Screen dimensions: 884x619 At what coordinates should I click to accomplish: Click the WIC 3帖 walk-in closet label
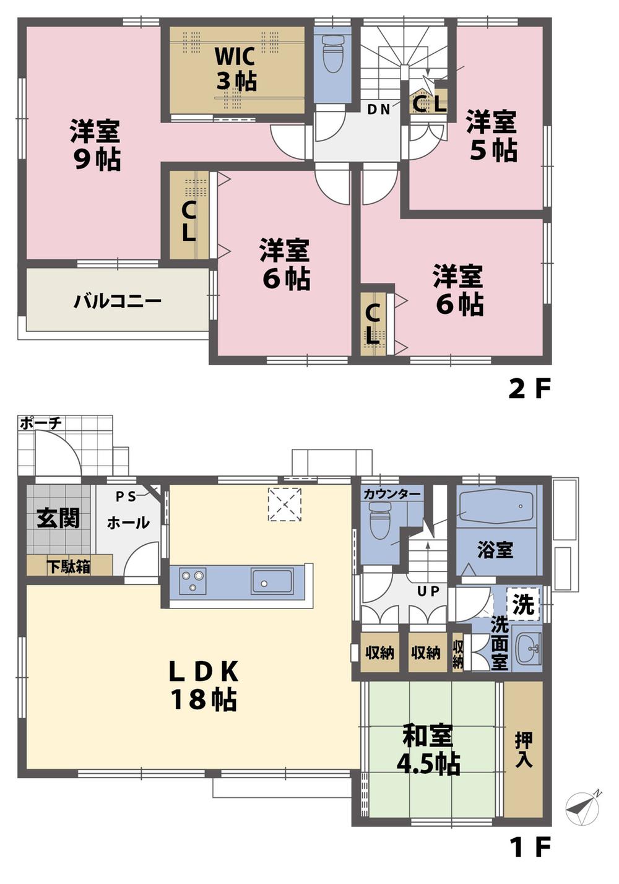pos(235,68)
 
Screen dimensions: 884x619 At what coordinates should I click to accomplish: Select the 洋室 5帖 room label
pos(491,136)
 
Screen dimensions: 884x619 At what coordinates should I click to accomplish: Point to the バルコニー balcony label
pos(118,301)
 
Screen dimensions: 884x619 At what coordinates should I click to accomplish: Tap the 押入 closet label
pos(524,750)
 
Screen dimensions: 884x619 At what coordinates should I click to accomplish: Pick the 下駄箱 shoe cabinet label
pos(69,566)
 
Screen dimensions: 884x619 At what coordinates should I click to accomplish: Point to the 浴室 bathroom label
pos(495,549)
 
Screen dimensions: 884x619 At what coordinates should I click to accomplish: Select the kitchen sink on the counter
pos(272,581)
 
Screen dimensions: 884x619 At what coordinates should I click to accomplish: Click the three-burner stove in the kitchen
pos(192,581)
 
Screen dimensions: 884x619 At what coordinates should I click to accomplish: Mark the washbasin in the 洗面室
pos(527,649)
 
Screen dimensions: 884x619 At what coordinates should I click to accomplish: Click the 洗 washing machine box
pos(524,604)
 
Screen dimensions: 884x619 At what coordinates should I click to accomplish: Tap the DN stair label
pos(379,110)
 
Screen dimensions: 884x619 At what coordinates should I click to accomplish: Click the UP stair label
pos(428,591)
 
